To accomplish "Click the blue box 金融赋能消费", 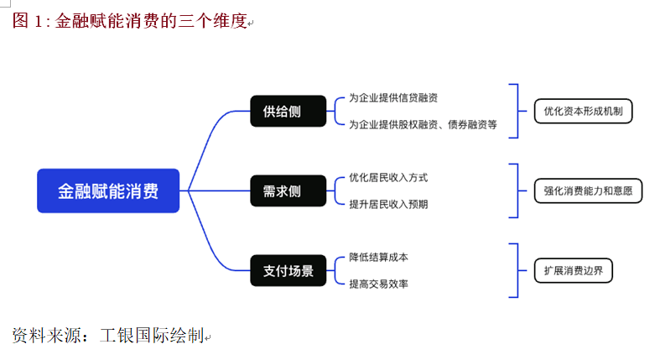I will [108, 190].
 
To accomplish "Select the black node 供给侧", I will [288, 111].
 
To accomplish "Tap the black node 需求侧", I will [288, 190].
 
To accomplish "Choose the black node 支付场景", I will [288, 270].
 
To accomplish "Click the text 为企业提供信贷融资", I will [393, 98].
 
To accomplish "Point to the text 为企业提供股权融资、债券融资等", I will [423, 124].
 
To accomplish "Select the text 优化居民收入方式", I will [388, 178].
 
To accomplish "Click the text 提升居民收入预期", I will [388, 204].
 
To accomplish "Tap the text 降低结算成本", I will [378, 257].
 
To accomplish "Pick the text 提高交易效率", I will [378, 284].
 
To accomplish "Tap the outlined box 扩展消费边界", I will [574, 270].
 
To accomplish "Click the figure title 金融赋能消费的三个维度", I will [151, 23].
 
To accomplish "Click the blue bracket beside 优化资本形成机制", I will [517, 111].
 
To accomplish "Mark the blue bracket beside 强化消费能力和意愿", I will [517, 190].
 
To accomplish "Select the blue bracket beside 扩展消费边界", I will [517, 270].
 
